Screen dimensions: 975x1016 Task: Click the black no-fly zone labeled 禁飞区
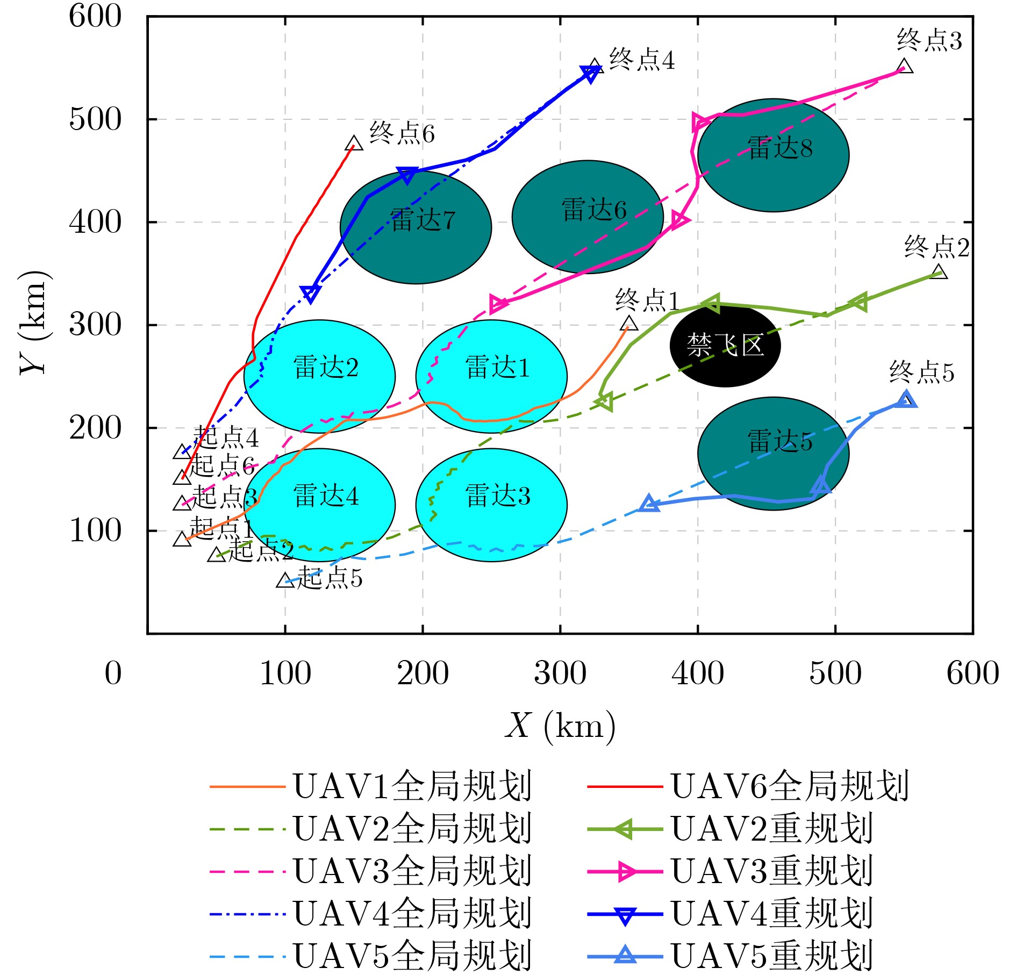pyautogui.click(x=725, y=345)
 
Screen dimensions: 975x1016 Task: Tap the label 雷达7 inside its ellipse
pyautogui.click(x=423, y=220)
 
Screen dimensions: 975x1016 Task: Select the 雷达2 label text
pyautogui.click(x=326, y=368)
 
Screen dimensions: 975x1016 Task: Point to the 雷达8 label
pyautogui.click(x=780, y=148)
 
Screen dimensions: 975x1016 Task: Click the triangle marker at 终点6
pyautogui.click(x=354, y=144)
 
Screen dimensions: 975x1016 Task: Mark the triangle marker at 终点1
pyautogui.click(x=628, y=324)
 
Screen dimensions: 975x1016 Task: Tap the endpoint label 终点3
pyautogui.click(x=929, y=41)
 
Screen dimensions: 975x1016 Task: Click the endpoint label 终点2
pyautogui.click(x=936, y=247)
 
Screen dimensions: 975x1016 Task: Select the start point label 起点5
pyautogui.click(x=330, y=578)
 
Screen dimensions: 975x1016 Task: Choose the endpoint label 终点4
pyautogui.click(x=642, y=60)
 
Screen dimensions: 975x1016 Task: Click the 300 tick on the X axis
pyautogui.click(x=560, y=673)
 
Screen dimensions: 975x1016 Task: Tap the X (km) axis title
pyautogui.click(x=560, y=726)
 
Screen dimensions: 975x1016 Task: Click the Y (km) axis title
pyautogui.click(x=34, y=322)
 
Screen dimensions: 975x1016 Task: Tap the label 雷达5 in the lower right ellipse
pyautogui.click(x=780, y=441)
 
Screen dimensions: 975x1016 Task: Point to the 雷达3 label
pyautogui.click(x=498, y=496)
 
